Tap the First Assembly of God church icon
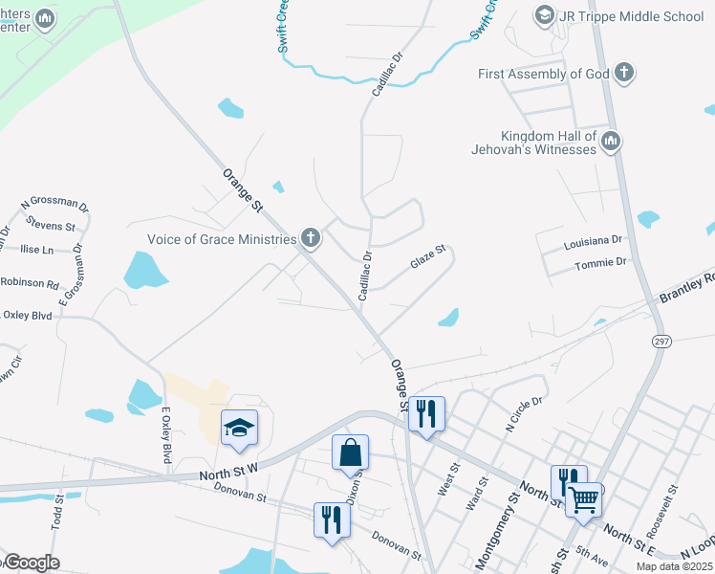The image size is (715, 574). point(623,74)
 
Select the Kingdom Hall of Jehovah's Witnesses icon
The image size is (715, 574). point(611,143)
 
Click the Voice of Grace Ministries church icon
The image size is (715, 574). point(310,238)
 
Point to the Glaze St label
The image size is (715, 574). point(427,258)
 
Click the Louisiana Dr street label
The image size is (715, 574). point(593,239)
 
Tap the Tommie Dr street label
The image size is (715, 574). point(600,261)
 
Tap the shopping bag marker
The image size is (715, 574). point(350,453)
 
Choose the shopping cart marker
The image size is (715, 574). point(583,498)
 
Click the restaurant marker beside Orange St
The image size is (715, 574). point(426,414)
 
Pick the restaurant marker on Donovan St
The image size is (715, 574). point(332,519)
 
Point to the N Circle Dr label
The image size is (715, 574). point(523,408)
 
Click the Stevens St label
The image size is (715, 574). point(52,226)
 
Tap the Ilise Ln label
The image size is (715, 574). point(36,249)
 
